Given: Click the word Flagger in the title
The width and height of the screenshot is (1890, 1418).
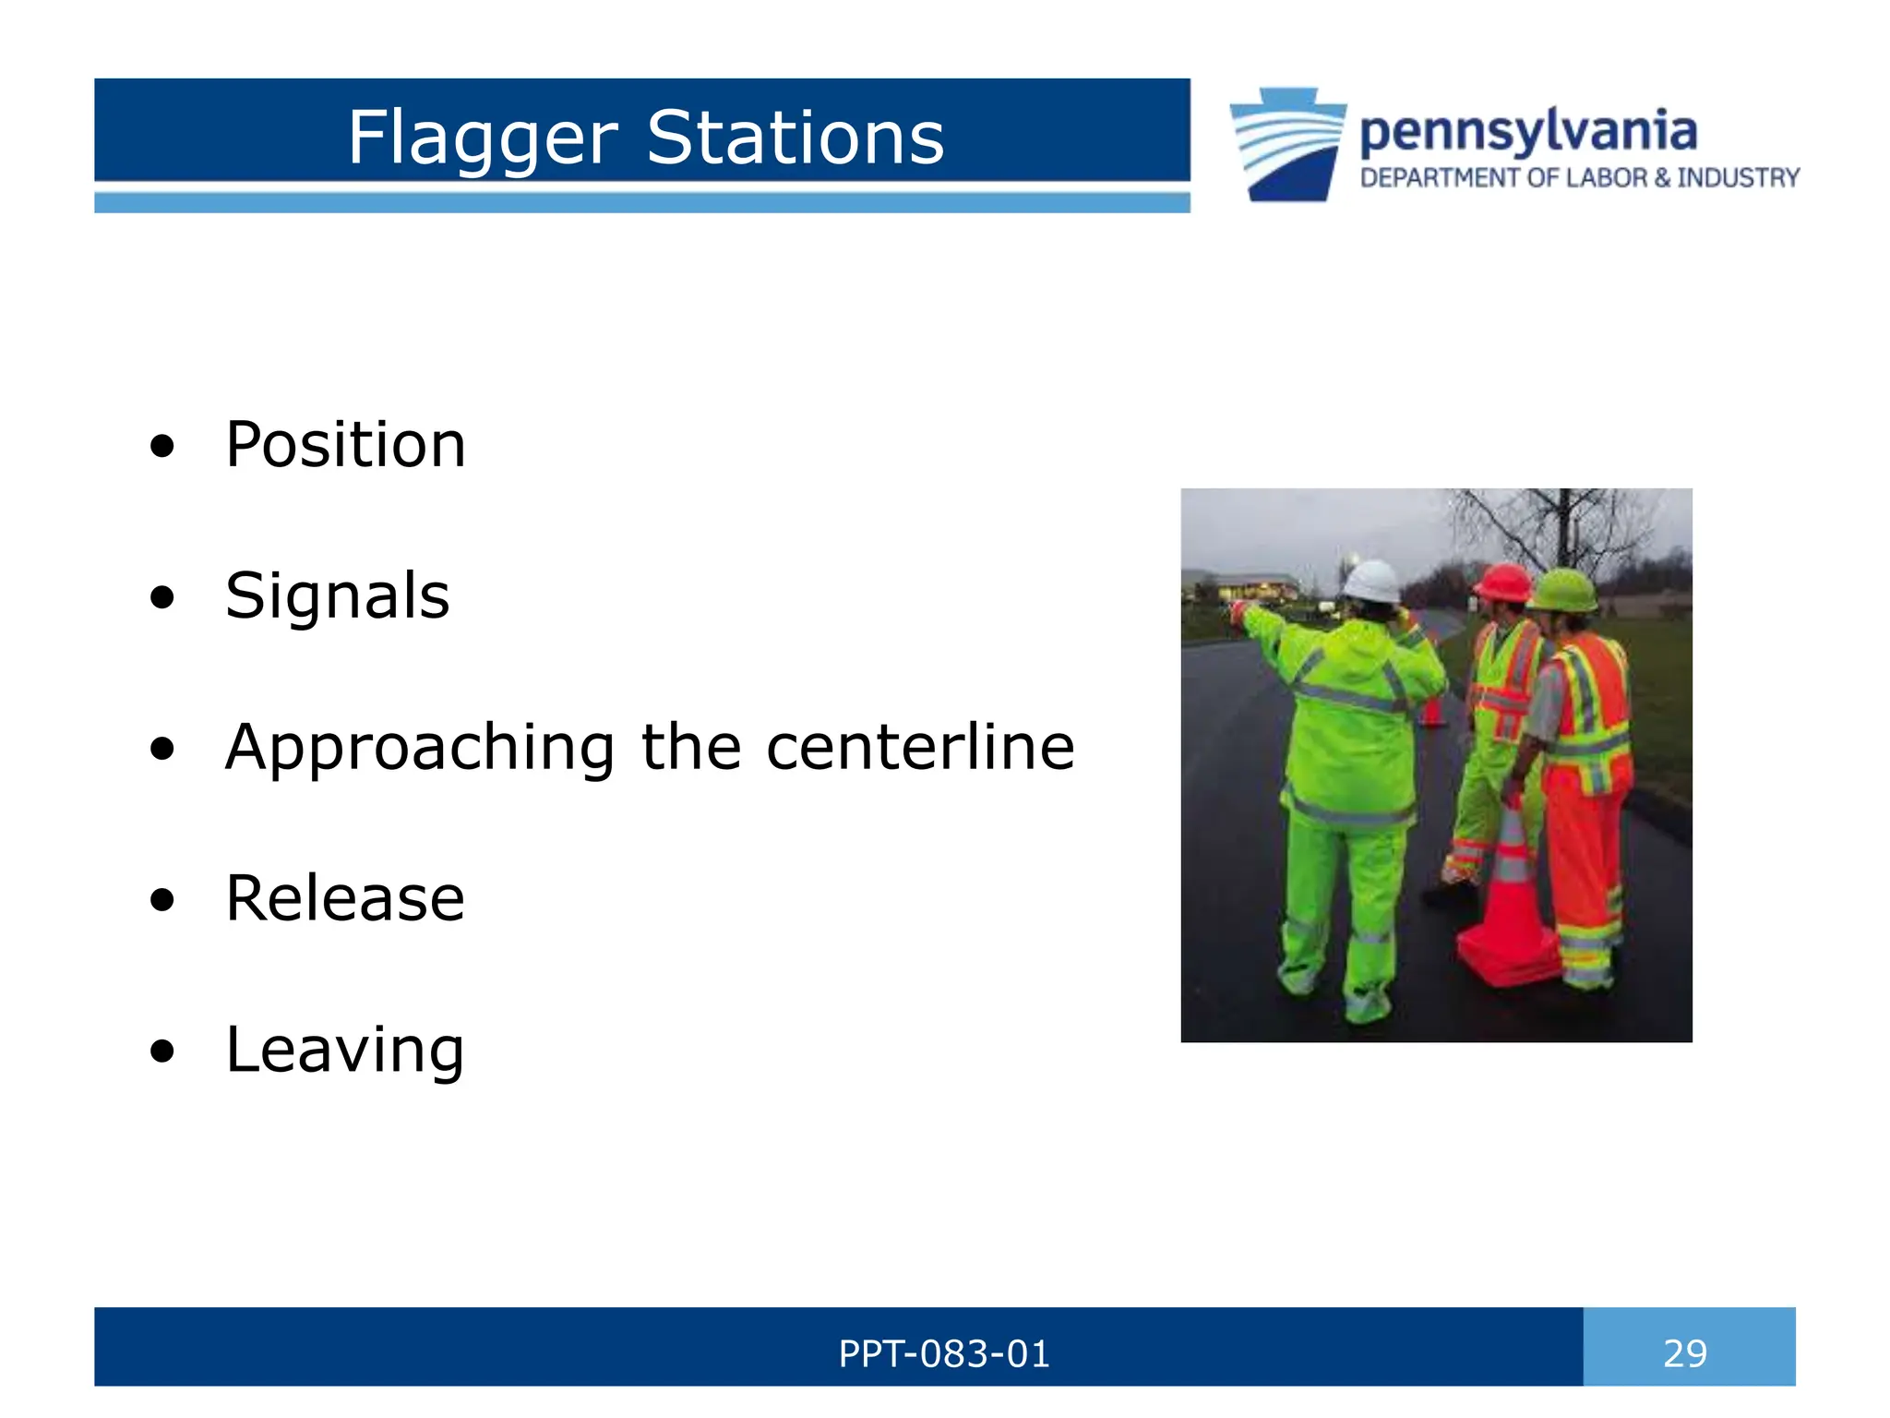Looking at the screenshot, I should (482, 138).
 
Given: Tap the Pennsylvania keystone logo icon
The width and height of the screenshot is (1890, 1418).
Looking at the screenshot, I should (1288, 144).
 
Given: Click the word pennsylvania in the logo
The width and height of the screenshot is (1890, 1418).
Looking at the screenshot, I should (1527, 132).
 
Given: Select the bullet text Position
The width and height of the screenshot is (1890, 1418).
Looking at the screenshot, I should (345, 445).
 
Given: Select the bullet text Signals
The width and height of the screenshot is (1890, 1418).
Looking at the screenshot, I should (337, 595).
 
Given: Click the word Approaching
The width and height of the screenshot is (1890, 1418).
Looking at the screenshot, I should (420, 748).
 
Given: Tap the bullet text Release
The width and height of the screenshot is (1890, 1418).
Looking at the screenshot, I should (345, 898).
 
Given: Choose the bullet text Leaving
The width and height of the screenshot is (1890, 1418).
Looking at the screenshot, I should (345, 1050).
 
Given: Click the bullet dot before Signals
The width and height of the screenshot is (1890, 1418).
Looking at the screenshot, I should (162, 597).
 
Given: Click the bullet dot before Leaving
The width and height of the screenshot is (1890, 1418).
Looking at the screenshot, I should (162, 1051).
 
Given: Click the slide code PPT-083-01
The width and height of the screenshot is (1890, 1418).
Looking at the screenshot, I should (943, 1353).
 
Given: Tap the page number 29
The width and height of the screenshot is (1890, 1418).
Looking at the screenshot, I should (1684, 1353).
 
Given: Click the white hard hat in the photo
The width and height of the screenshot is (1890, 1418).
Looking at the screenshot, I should (1371, 582).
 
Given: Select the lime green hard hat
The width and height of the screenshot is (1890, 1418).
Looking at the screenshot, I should (1563, 590).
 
